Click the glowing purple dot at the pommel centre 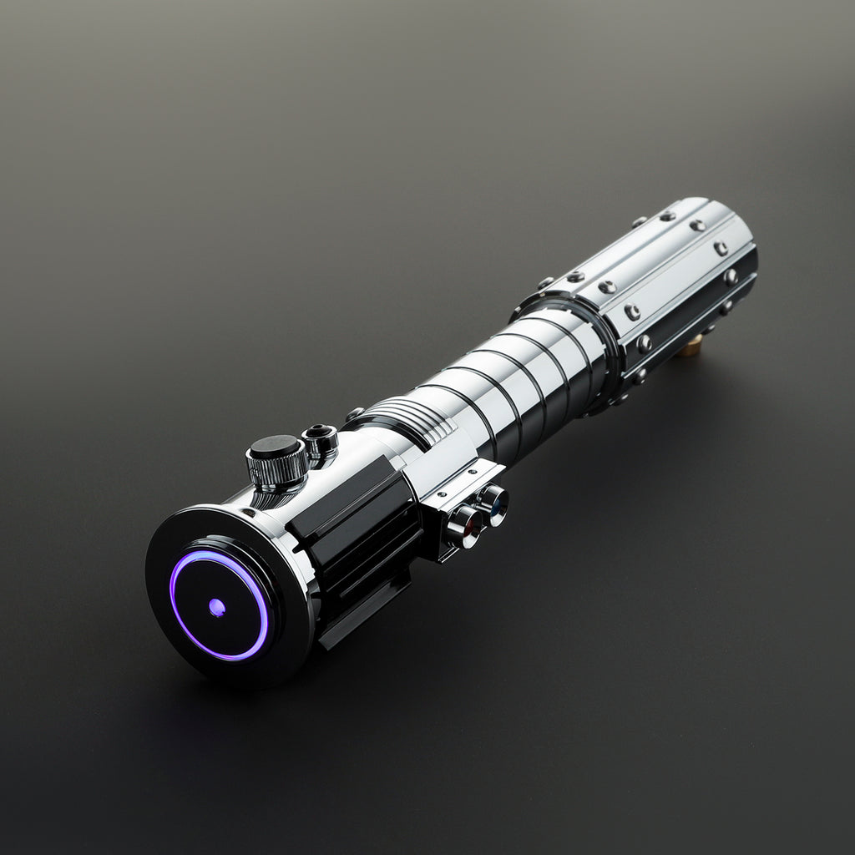[x=216, y=607]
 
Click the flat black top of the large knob [x=275, y=447]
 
